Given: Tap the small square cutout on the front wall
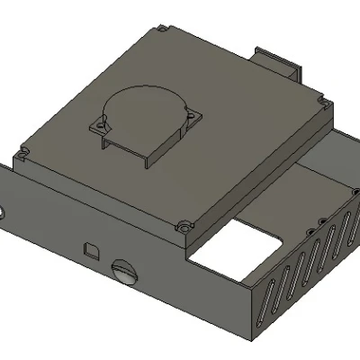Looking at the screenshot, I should (x=91, y=247).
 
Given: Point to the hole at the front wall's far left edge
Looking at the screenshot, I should (x=3, y=215).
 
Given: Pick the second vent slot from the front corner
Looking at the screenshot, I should (x=280, y=287).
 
